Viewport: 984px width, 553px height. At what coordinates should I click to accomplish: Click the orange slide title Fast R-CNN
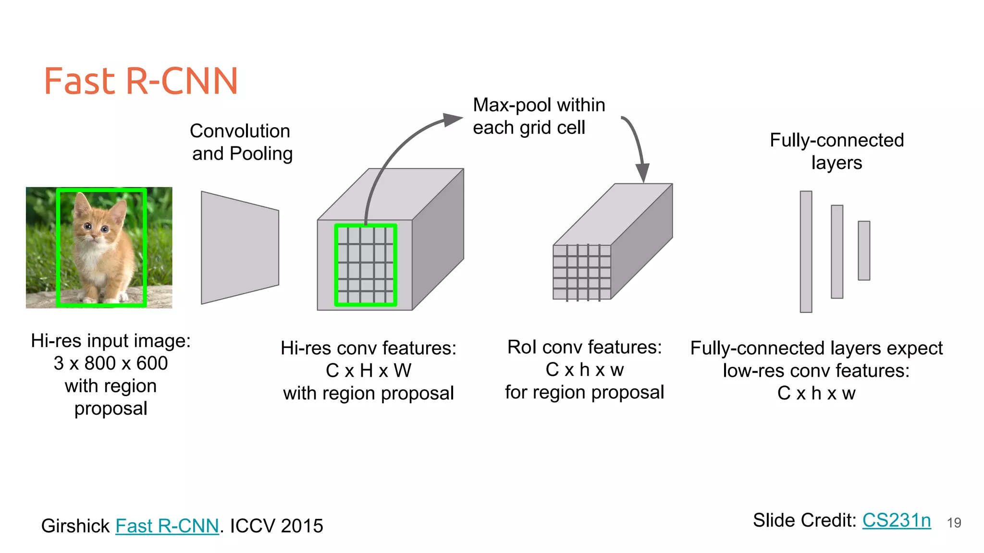click(x=141, y=81)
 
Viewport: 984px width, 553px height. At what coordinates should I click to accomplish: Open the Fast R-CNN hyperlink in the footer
click(x=167, y=526)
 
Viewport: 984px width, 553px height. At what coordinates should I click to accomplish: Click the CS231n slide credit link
click(x=896, y=520)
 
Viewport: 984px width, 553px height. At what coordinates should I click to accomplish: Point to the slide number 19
click(x=954, y=523)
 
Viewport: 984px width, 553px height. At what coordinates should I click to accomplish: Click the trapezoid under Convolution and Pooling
click(x=240, y=248)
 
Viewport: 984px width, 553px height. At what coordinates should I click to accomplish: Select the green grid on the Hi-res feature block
click(x=366, y=265)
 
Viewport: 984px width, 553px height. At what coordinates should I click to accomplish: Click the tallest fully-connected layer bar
click(x=806, y=252)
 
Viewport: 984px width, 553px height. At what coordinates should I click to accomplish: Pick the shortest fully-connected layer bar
click(x=864, y=250)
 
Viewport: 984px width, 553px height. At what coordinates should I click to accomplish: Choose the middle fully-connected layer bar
click(x=837, y=252)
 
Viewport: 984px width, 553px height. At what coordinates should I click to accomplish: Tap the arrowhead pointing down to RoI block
click(x=642, y=173)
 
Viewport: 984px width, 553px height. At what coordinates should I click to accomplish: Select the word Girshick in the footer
click(x=75, y=526)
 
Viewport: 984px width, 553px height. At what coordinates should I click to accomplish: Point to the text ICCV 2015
click(x=276, y=526)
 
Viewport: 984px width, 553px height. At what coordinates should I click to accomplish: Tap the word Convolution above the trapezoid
click(x=240, y=131)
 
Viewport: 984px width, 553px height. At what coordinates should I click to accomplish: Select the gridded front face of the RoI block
click(x=582, y=272)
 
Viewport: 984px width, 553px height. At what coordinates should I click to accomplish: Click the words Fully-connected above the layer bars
click(x=836, y=140)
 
